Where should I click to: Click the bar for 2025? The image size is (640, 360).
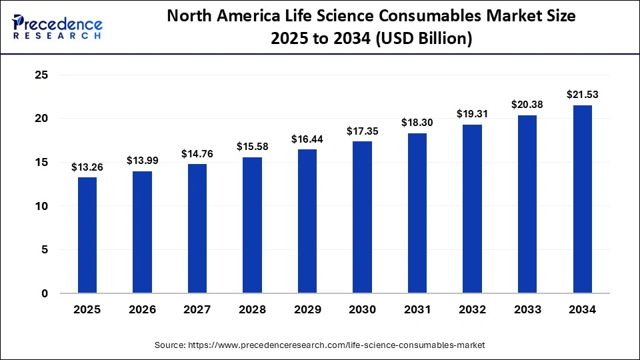pyautogui.click(x=87, y=235)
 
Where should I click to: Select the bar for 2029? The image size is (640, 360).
pyautogui.click(x=307, y=221)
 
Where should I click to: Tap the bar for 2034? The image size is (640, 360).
pyautogui.click(x=583, y=199)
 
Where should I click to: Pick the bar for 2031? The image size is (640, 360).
pyautogui.click(x=417, y=213)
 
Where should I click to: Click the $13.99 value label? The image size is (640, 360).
pyautogui.click(x=142, y=161)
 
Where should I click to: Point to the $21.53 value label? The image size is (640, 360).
pyautogui.click(x=583, y=95)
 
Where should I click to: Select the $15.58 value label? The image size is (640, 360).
pyautogui.click(x=252, y=147)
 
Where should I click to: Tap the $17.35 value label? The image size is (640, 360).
pyautogui.click(x=363, y=131)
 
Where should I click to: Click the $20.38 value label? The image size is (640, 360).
pyautogui.click(x=527, y=104)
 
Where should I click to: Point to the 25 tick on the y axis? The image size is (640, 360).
pyautogui.click(x=41, y=75)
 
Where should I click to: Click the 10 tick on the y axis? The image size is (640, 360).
pyautogui.click(x=41, y=206)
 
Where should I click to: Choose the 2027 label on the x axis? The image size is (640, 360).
pyautogui.click(x=197, y=310)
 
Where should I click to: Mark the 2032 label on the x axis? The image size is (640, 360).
pyautogui.click(x=473, y=310)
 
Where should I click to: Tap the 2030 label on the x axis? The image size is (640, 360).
pyautogui.click(x=363, y=310)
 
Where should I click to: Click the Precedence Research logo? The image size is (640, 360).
pyautogui.click(x=57, y=25)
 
